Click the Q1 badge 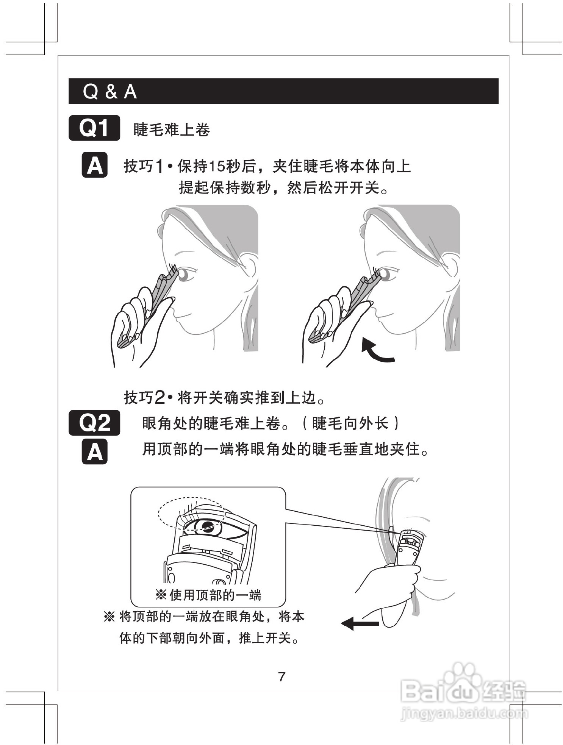coord(94,128)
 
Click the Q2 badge coord(94,422)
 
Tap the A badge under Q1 coord(94,165)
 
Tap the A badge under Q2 coord(94,451)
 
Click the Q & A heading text coord(109,91)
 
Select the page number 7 coord(281,676)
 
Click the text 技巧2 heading coord(144,397)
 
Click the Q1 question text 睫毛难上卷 coord(172,130)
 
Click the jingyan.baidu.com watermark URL coord(464,714)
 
